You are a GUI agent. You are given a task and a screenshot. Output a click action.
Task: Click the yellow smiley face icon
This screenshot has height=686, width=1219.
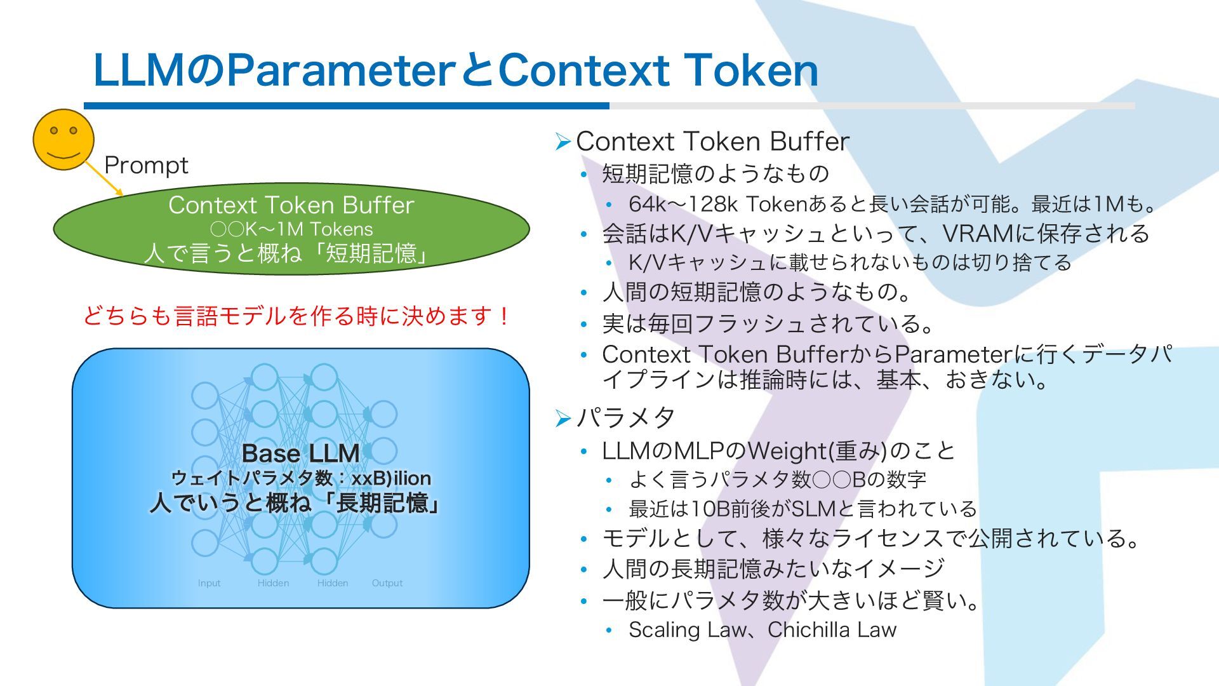pos(63,140)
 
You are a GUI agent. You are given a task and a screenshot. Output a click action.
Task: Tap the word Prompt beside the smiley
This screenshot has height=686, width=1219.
pos(146,165)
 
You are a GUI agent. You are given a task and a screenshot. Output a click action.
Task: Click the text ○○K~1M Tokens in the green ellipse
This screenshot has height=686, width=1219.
pos(291,229)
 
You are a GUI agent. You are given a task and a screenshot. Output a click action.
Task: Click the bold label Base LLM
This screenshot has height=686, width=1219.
pos(300,454)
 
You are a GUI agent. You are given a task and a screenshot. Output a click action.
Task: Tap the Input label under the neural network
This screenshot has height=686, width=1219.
pos(209,583)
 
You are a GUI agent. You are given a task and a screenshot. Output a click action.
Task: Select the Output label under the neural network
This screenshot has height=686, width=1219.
pos(387,583)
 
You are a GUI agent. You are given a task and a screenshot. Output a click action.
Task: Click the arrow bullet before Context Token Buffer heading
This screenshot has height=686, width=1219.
pos(562,142)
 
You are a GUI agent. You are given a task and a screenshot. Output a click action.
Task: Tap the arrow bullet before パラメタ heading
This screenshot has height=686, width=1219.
pos(562,418)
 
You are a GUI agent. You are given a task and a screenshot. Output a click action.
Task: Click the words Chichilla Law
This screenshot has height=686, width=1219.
pos(832,629)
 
